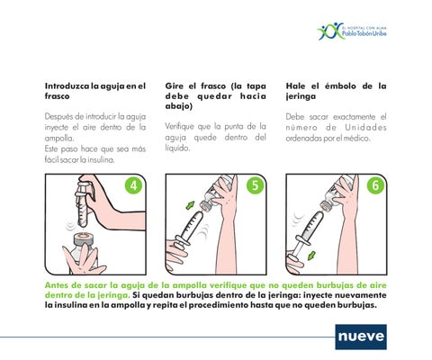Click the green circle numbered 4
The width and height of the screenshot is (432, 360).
pyautogui.click(x=133, y=185)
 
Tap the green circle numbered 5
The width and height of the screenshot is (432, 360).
pyautogui.click(x=255, y=185)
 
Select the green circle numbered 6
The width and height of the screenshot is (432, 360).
pyautogui.click(x=375, y=185)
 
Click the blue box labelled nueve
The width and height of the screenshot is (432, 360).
pyautogui.click(x=361, y=337)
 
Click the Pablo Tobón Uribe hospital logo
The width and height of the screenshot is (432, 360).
pyautogui.click(x=352, y=31)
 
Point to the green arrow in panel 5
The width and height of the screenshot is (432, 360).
pyautogui.click(x=190, y=205)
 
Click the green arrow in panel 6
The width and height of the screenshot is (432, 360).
pyautogui.click(x=311, y=256)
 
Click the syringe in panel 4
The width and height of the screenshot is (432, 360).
pyautogui.click(x=83, y=204)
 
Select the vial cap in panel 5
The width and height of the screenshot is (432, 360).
pyautogui.click(x=206, y=206)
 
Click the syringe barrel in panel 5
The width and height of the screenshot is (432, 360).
pyautogui.click(x=191, y=227)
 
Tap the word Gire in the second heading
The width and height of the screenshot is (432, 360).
pyautogui.click(x=175, y=86)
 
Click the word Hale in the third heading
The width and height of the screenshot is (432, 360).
pyautogui.click(x=295, y=86)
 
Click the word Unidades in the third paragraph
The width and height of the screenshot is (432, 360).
pyautogui.click(x=365, y=128)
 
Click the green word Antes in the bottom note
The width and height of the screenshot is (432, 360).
pyautogui.click(x=56, y=285)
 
